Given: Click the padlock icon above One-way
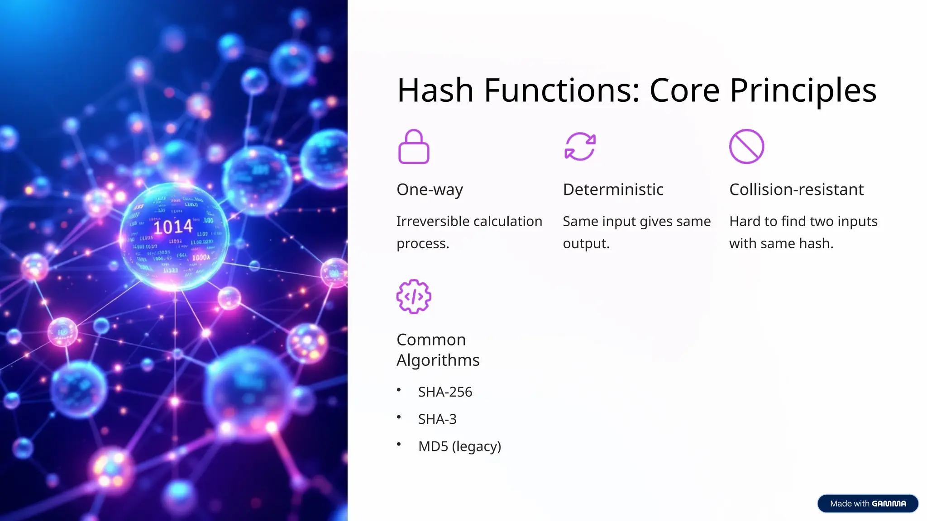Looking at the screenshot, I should pyautogui.click(x=413, y=147).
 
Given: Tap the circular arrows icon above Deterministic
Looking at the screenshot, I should pyautogui.click(x=580, y=147).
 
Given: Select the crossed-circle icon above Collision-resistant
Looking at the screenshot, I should pyautogui.click(x=746, y=147).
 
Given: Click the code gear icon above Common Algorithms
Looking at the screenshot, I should pyautogui.click(x=413, y=297).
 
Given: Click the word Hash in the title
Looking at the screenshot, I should pyautogui.click(x=435, y=90).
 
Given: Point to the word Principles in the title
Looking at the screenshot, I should pyautogui.click(x=803, y=90).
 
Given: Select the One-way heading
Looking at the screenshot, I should pyautogui.click(x=430, y=189).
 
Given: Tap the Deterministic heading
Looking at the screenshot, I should pyautogui.click(x=613, y=189).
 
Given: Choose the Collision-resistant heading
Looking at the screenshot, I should pyautogui.click(x=796, y=189).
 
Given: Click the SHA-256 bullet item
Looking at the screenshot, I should pyautogui.click(x=445, y=392).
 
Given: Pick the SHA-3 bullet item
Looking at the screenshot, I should pyautogui.click(x=437, y=419).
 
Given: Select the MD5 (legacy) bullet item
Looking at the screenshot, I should pyautogui.click(x=459, y=446).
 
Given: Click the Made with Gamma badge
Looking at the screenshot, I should pyautogui.click(x=867, y=503).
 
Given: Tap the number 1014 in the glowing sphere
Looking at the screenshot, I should pyautogui.click(x=173, y=227).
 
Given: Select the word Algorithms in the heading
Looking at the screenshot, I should pyautogui.click(x=438, y=360).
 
